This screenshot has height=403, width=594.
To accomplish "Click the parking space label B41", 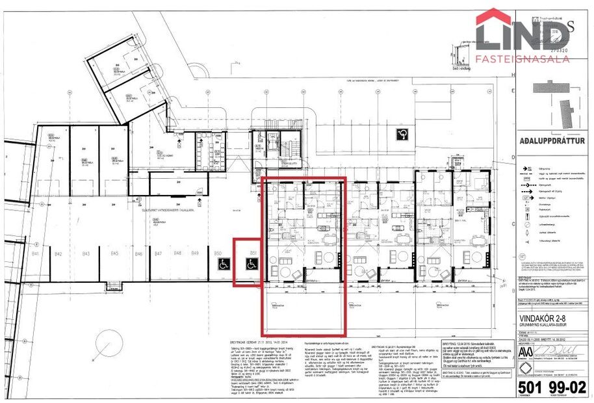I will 36,253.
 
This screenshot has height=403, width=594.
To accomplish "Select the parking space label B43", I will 85,253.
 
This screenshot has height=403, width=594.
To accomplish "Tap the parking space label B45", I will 115,253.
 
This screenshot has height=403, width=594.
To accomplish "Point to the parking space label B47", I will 158,253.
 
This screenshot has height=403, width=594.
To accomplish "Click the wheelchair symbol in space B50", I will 223,264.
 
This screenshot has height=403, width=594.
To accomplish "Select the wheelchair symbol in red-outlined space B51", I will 250,263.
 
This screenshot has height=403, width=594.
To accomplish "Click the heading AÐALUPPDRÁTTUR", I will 552,140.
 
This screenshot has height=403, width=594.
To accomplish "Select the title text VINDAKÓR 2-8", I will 547,318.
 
